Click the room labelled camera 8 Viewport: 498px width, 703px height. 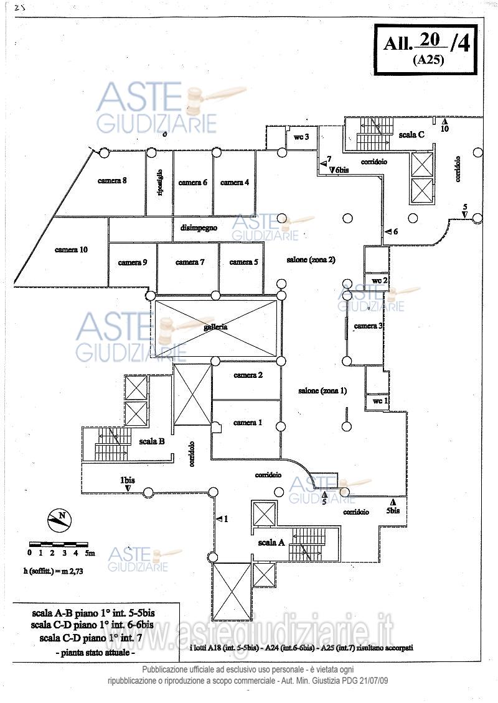pyautogui.click(x=112, y=181)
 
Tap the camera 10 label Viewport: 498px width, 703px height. pyautogui.click(x=71, y=250)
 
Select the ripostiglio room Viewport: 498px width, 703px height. pyautogui.click(x=159, y=183)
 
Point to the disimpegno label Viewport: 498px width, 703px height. pyautogui.click(x=199, y=228)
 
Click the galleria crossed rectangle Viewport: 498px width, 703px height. pyautogui.click(x=215, y=328)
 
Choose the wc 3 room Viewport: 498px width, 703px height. pyautogui.click(x=302, y=137)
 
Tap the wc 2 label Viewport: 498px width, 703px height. pyautogui.click(x=380, y=281)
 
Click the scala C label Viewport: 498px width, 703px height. pyautogui.click(x=412, y=134)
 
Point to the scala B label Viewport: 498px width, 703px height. pyautogui.click(x=152, y=442)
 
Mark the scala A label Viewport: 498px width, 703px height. pyautogui.click(x=271, y=543)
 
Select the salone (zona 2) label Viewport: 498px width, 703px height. pyautogui.click(x=311, y=260)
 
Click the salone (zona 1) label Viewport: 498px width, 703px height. pyautogui.click(x=322, y=391)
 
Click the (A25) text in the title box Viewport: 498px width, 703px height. pyautogui.click(x=427, y=60)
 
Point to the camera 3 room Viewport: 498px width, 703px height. pyautogui.click(x=367, y=326)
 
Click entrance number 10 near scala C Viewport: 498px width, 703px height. pyautogui.click(x=445, y=129)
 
